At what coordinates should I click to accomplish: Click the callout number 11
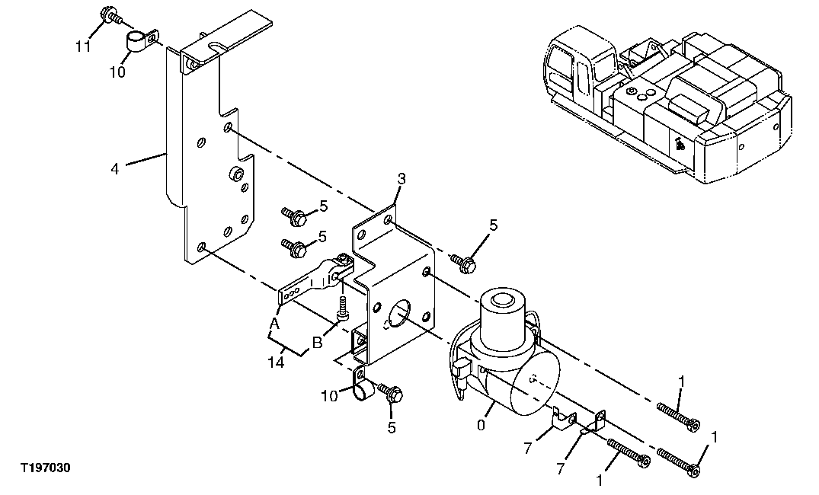tap(83, 46)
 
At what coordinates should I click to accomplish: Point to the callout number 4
tap(115, 168)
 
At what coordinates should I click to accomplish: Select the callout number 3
tap(401, 179)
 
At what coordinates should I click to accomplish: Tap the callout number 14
tap(276, 363)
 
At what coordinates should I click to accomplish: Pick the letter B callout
tap(317, 342)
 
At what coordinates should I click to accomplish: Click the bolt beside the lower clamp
tap(393, 394)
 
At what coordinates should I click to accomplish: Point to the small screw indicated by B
tap(342, 308)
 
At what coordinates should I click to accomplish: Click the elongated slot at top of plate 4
tap(216, 49)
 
